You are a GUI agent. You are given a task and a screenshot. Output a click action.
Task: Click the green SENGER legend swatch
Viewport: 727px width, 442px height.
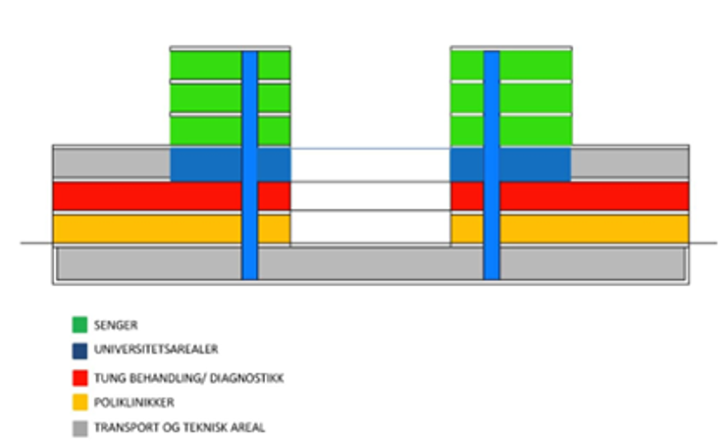79,323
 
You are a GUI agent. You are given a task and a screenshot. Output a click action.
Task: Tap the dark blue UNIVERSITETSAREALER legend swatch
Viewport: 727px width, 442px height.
79,350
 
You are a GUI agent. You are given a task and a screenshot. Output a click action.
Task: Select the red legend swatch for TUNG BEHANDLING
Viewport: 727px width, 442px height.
79,377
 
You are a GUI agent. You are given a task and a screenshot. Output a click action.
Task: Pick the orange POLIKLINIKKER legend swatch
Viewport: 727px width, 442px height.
79,402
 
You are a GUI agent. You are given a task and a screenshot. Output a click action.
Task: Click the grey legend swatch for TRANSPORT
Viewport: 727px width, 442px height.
79,427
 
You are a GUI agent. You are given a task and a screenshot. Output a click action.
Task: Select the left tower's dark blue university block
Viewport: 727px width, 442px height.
206,164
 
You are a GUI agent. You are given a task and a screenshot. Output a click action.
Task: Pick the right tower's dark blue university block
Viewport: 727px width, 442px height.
535,164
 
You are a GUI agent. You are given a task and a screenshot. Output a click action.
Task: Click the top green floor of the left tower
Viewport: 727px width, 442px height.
206,65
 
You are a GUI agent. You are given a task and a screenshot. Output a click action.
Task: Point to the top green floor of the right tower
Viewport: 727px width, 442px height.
536,65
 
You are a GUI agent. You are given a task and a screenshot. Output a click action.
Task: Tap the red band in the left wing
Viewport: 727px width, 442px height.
147,195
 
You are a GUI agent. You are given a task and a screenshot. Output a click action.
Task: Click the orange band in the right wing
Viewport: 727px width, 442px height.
594,229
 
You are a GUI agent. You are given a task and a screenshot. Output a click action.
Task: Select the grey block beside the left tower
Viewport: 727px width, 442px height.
111,162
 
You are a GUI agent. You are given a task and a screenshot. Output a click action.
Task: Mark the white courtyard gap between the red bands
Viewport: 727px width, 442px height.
370,195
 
